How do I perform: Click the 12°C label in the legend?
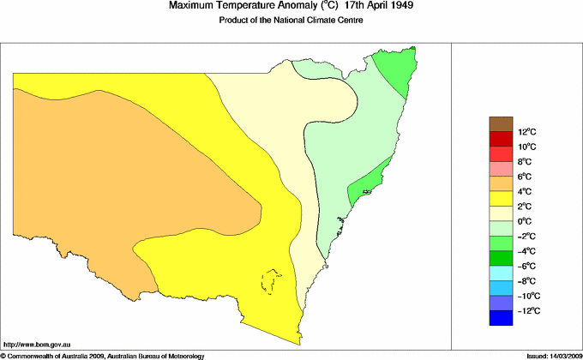coord(502,132)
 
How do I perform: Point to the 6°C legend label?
coord(502,177)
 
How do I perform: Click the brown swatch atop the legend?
coord(502,123)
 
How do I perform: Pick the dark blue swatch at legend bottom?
coord(502,318)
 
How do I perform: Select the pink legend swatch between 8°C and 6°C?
coord(502,169)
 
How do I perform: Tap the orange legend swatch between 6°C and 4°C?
coord(502,183)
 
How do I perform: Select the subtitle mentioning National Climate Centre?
coord(291,21)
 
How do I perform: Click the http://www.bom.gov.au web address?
coord(36,343)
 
